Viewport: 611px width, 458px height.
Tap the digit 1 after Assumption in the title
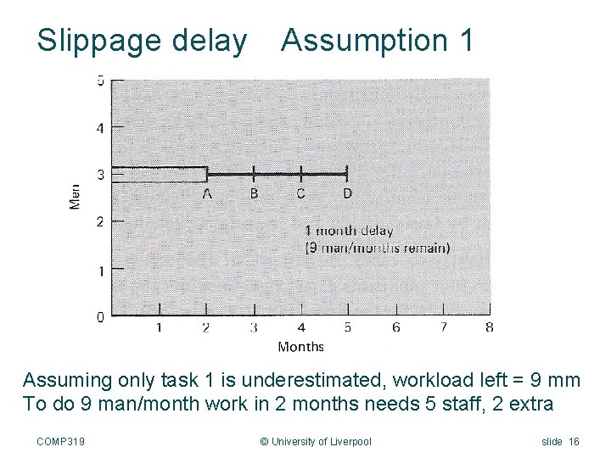(464, 40)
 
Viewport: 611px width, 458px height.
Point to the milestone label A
(207, 193)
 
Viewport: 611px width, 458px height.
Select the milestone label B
(254, 193)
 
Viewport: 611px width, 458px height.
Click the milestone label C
(300, 193)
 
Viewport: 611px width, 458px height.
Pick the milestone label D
(347, 193)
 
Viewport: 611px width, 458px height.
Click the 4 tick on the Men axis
(100, 128)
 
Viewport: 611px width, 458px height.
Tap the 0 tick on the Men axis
(100, 316)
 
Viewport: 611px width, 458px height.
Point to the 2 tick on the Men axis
(100, 222)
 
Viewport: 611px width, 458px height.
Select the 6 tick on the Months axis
(395, 327)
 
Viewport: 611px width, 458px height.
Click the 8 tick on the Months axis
(489, 327)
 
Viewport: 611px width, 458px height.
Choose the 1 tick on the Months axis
(160, 327)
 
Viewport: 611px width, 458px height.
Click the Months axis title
(300, 346)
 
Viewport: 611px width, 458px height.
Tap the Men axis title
(76, 197)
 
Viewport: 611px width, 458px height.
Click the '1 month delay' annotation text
(349, 230)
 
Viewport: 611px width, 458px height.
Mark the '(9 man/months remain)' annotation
(378, 248)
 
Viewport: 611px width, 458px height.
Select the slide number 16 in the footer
(573, 441)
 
